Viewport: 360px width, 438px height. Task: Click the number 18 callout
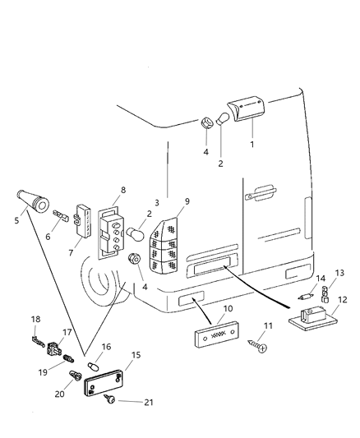click(x=35, y=318)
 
